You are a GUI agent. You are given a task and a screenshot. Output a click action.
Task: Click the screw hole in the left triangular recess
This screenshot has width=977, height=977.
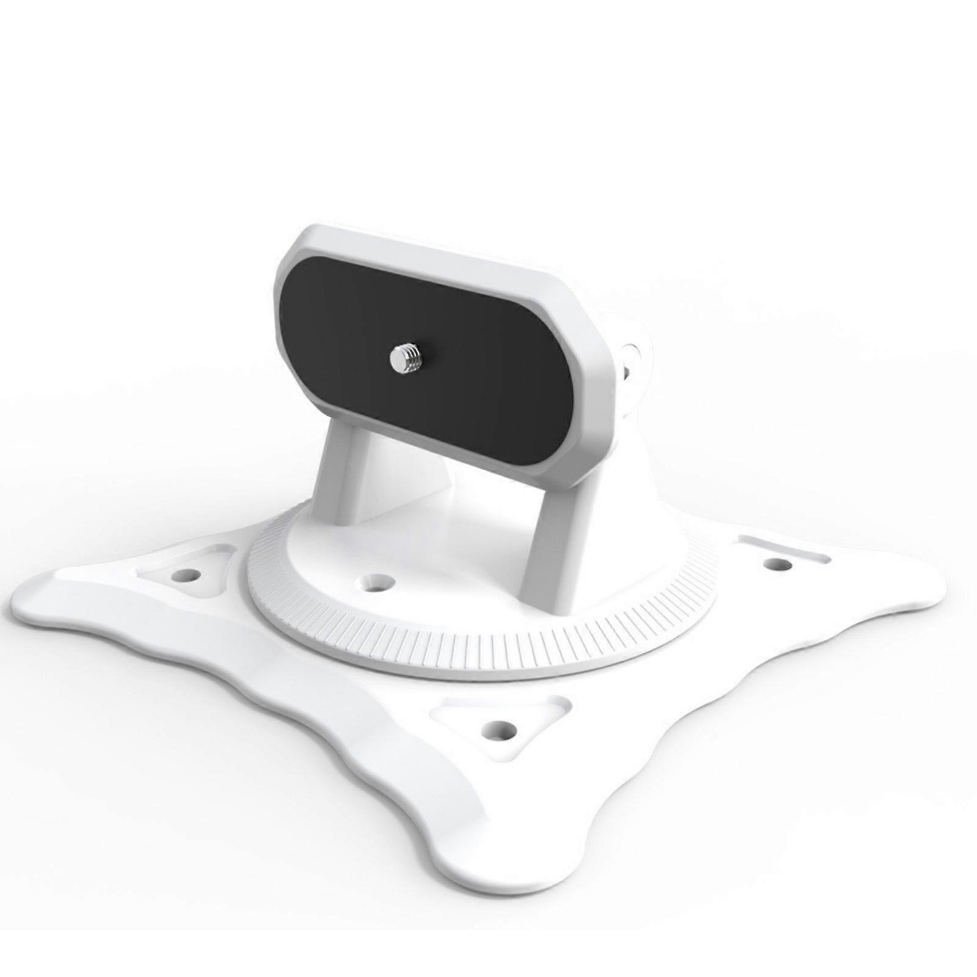189,575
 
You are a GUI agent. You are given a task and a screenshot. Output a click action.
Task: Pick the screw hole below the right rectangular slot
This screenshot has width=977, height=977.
778,564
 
